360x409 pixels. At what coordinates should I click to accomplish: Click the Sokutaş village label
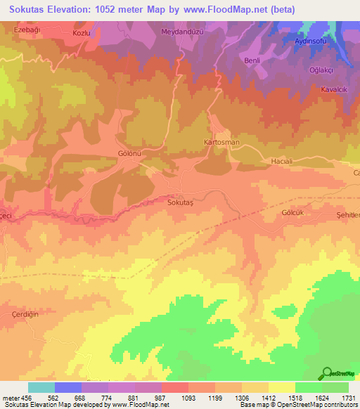[179, 202]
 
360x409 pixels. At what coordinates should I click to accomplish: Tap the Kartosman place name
[221, 142]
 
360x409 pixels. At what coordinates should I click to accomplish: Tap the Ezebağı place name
[29, 32]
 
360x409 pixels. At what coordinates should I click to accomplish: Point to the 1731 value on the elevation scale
[347, 397]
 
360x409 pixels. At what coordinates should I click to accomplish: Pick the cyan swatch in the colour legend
[41, 387]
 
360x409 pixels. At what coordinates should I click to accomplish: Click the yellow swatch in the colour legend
[281, 387]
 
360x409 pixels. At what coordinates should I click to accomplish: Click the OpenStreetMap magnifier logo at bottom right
[326, 372]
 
